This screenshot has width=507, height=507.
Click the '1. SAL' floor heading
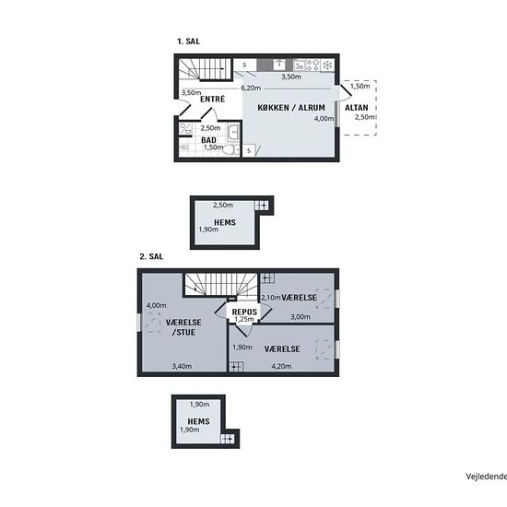click(188, 41)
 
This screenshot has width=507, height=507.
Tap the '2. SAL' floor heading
click(151, 257)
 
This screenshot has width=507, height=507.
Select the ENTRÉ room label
click(212, 99)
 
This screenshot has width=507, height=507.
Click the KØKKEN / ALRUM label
click(291, 108)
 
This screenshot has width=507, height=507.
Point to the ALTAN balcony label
click(357, 108)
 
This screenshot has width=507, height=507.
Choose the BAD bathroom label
click(208, 140)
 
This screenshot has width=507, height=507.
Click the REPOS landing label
click(244, 312)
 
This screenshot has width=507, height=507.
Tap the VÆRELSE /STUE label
click(183, 327)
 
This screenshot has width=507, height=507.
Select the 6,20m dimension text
click(251, 88)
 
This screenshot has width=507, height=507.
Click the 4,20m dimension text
click(281, 366)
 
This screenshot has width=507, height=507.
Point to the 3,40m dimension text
click(182, 366)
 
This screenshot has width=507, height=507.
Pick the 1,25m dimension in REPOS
click(244, 320)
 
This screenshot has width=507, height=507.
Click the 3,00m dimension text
click(301, 317)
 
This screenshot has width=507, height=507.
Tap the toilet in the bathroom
click(230, 150)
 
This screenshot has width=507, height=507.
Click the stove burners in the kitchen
click(312, 65)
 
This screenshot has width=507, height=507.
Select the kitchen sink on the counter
click(279, 65)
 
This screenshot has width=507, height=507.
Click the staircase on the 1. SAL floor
click(205, 69)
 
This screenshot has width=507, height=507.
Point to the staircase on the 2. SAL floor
click(221, 285)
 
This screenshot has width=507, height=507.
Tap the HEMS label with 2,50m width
click(225, 222)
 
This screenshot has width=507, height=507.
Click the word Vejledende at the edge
click(487, 477)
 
